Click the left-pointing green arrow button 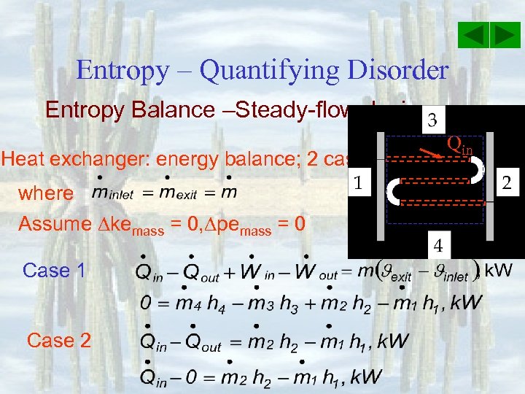(475, 35)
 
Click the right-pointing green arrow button (505, 35)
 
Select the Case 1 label (55, 271)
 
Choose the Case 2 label (58, 340)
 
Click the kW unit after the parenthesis (499, 270)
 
